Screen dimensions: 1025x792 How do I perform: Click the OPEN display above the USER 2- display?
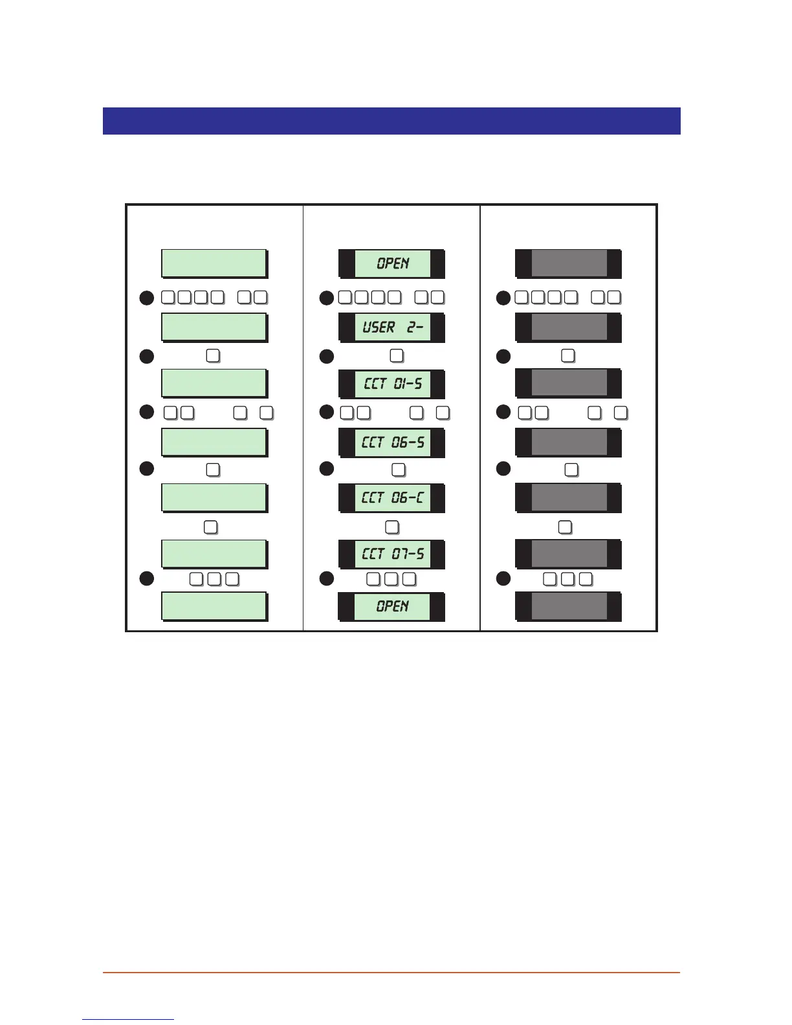(x=392, y=263)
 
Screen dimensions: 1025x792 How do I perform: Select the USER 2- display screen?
(x=392, y=327)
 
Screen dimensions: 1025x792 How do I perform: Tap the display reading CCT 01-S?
(x=392, y=384)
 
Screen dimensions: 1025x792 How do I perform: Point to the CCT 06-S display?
(x=392, y=443)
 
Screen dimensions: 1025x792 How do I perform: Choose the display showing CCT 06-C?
(x=392, y=498)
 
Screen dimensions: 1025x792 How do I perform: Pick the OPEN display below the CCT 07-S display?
(x=392, y=606)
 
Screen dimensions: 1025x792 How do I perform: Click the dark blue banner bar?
(x=391, y=121)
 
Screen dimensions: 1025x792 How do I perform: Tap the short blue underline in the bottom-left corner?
(x=128, y=1019)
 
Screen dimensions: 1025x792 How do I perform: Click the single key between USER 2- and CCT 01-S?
(x=397, y=356)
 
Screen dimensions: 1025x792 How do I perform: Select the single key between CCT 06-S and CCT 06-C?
(x=399, y=470)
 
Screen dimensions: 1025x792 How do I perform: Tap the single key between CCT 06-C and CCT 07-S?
(x=392, y=527)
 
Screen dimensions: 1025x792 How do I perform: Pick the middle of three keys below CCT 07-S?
(x=391, y=579)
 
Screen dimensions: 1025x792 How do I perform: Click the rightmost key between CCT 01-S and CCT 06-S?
(x=443, y=413)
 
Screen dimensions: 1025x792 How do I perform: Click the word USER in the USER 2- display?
(x=379, y=327)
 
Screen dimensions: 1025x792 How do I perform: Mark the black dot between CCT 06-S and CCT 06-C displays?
(x=327, y=468)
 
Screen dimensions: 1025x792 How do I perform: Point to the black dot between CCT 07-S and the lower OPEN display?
(x=327, y=579)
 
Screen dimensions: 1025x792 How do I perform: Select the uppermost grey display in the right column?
(x=569, y=263)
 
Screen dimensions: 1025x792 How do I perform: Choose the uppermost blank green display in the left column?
(x=214, y=263)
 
